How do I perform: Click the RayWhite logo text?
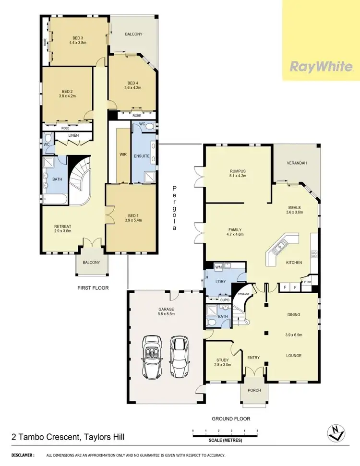point(321,66)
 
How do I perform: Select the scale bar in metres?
point(225,434)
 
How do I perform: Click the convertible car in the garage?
point(153,357)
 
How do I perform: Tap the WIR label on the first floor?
point(122,155)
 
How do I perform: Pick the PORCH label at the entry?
point(254,390)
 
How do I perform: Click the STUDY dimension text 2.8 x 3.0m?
point(222,365)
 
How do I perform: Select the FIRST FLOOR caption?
point(93,288)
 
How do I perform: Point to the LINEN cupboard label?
point(73,136)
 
